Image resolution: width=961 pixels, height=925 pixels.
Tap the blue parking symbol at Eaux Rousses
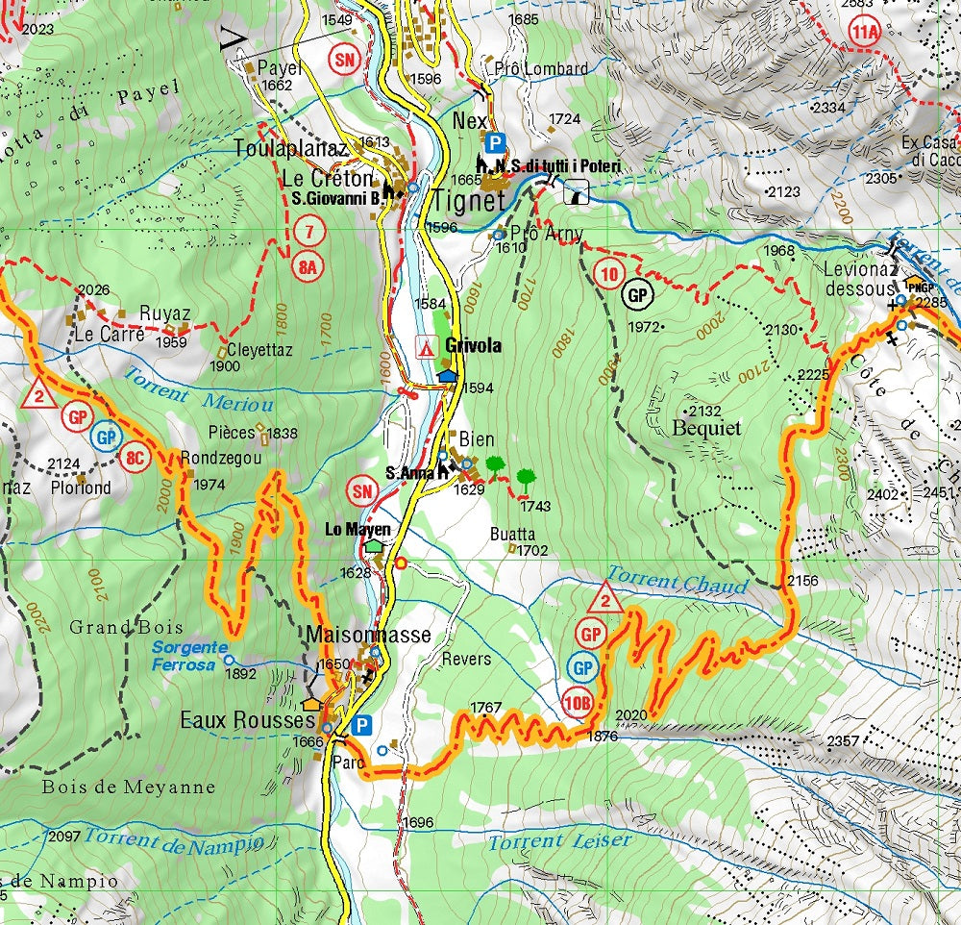pyautogui.click(x=361, y=725)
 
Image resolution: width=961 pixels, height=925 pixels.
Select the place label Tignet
pyautogui.click(x=468, y=201)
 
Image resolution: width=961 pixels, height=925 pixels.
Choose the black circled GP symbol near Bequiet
pyautogui.click(x=638, y=294)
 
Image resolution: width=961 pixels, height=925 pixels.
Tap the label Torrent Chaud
pyautogui.click(x=677, y=583)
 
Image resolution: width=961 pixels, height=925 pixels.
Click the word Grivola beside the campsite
pyautogui.click(x=473, y=345)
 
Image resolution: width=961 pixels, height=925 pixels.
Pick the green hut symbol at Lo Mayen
pyautogui.click(x=373, y=545)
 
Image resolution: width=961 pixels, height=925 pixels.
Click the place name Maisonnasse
pyautogui.click(x=368, y=635)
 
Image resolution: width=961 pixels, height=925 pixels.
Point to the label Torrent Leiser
pyautogui.click(x=560, y=841)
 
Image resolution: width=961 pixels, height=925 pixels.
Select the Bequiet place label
pyautogui.click(x=707, y=427)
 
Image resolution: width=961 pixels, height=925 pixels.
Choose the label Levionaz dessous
pyautogui.click(x=858, y=277)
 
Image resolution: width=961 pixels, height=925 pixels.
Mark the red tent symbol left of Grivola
pyautogui.click(x=424, y=346)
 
